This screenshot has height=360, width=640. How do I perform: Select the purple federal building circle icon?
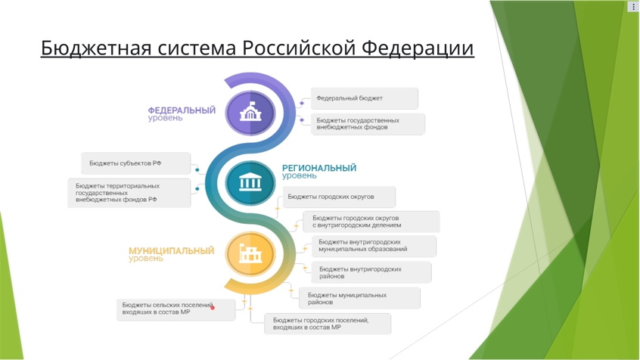250,113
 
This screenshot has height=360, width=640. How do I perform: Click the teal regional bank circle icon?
250,182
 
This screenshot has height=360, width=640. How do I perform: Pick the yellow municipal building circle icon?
250,253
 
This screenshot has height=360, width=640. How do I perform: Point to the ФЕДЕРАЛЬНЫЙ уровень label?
182,114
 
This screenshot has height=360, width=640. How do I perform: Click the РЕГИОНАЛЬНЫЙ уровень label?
319,172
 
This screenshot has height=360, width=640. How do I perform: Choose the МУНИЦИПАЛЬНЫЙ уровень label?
172,254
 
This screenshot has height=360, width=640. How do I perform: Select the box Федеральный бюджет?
365,98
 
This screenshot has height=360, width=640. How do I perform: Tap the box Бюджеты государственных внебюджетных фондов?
368,124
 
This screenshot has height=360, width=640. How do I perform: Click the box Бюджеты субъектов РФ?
136,163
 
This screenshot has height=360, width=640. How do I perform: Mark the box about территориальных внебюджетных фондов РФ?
129,193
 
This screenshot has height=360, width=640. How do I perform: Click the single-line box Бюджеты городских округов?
339,197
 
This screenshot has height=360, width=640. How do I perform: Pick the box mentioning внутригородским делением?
371,222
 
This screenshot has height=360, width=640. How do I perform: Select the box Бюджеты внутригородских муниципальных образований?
374,246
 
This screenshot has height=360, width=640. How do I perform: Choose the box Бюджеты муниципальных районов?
359,299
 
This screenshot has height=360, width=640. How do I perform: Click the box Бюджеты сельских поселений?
176,309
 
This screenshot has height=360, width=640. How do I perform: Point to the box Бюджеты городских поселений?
328,324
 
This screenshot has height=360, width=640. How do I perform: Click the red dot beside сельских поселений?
213,308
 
